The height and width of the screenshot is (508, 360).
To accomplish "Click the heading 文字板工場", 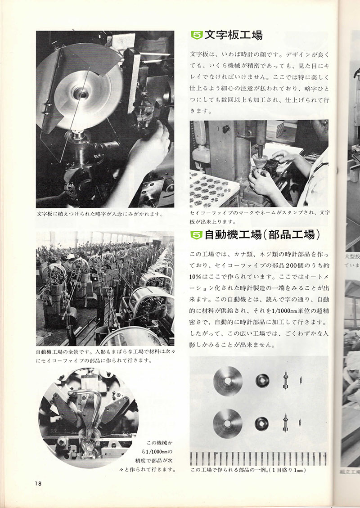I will (233, 35).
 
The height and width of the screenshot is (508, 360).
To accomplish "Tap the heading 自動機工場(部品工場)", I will (262, 234).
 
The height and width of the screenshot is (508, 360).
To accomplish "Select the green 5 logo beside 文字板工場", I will (196, 35).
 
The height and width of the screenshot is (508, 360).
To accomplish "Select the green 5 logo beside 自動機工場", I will (196, 234).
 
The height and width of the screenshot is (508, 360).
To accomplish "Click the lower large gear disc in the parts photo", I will (228, 423).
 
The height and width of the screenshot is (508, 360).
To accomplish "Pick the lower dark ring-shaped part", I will (263, 423).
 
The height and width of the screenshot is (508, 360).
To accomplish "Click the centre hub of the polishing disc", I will (81, 93).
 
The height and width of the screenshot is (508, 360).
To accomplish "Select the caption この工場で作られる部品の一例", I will (247, 470).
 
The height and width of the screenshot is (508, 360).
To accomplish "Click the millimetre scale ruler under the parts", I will (258, 458).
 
